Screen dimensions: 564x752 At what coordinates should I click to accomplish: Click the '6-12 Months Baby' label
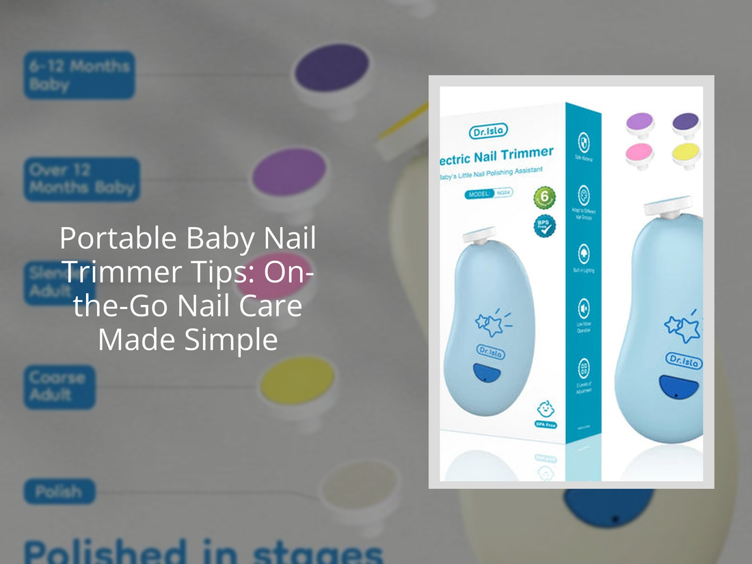pyautogui.click(x=79, y=75)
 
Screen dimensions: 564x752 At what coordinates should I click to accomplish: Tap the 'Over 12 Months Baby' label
pyautogui.click(x=81, y=179)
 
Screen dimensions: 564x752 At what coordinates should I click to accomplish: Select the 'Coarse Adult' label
pyautogui.click(x=59, y=386)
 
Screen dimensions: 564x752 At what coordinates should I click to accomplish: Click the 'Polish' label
pyautogui.click(x=59, y=492)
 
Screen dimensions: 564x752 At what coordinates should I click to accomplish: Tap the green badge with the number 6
pyautogui.click(x=544, y=197)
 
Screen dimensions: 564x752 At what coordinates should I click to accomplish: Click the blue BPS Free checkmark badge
pyautogui.click(x=544, y=226)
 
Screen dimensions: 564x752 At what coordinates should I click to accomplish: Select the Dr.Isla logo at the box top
pyautogui.click(x=488, y=131)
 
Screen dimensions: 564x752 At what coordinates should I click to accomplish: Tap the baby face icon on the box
pyautogui.click(x=545, y=410)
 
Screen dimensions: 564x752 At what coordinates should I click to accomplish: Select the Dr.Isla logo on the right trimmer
pyautogui.click(x=683, y=361)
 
